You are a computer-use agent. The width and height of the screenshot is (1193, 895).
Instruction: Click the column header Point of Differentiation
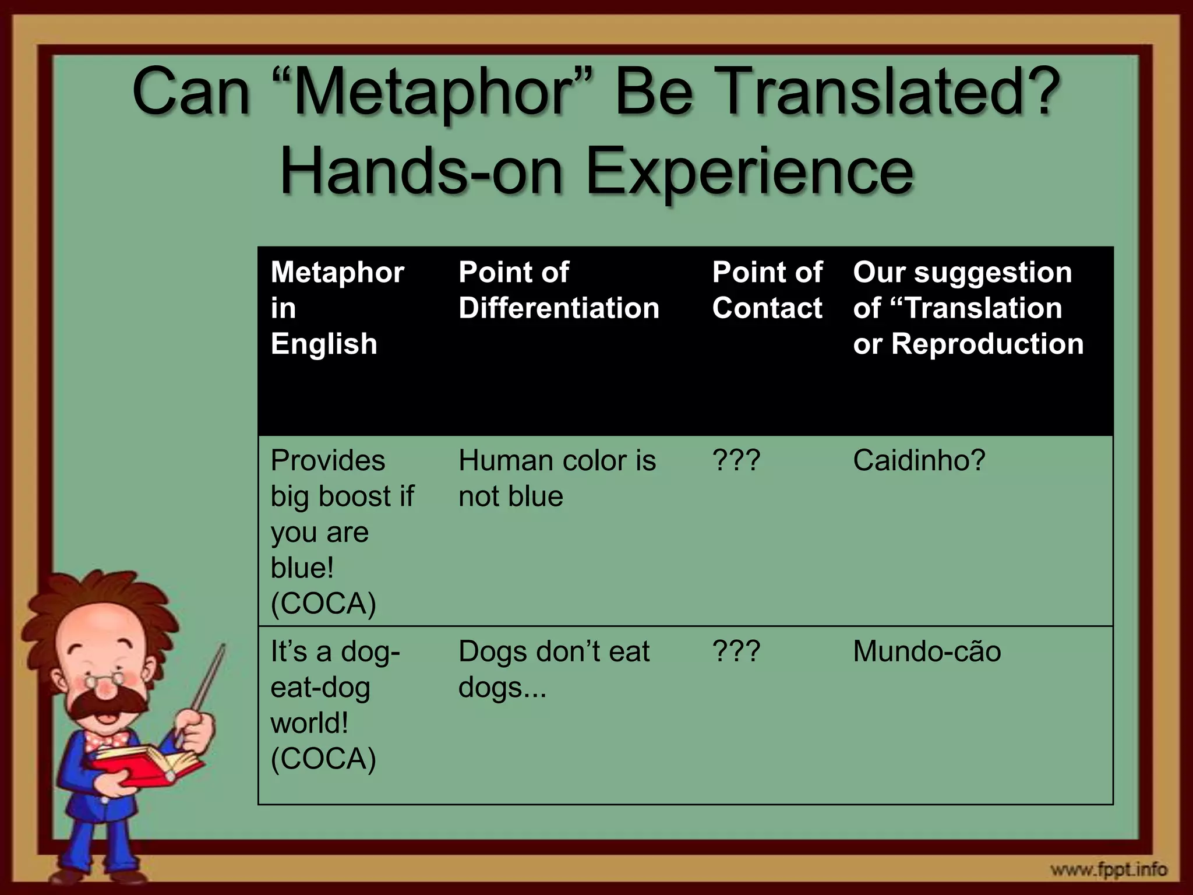click(x=558, y=290)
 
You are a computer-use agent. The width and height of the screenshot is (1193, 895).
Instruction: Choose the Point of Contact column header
click(x=767, y=290)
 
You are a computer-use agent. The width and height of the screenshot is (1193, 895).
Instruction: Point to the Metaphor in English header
click(x=337, y=308)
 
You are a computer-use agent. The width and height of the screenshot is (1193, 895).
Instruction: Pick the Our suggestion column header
click(x=968, y=308)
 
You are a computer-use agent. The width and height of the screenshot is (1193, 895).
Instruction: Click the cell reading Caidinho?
click(x=919, y=461)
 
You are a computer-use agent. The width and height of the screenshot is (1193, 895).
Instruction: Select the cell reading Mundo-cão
click(x=926, y=651)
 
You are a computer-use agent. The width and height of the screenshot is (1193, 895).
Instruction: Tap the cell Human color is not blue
click(x=556, y=478)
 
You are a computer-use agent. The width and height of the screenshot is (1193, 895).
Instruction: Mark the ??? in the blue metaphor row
click(x=736, y=461)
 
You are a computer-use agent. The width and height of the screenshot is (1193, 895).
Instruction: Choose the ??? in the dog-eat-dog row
click(x=736, y=651)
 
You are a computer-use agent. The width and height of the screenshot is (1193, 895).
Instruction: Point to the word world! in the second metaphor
click(x=309, y=723)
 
